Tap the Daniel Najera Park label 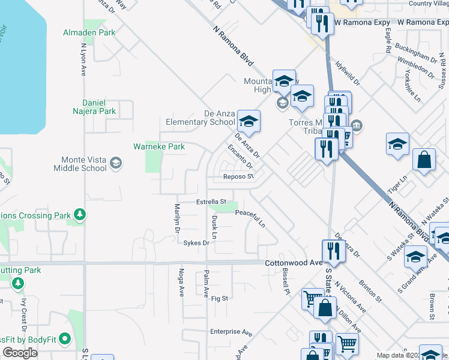tap(89, 103)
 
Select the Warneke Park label tap(158, 146)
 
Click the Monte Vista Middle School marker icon tap(116, 163)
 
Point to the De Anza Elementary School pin tap(248, 122)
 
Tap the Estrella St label tap(211, 202)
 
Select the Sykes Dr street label tap(196, 243)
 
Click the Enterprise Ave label tap(231, 331)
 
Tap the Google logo tap(20, 352)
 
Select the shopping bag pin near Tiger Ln tap(424, 161)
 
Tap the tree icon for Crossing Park tap(79, 214)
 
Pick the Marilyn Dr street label tap(178, 218)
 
